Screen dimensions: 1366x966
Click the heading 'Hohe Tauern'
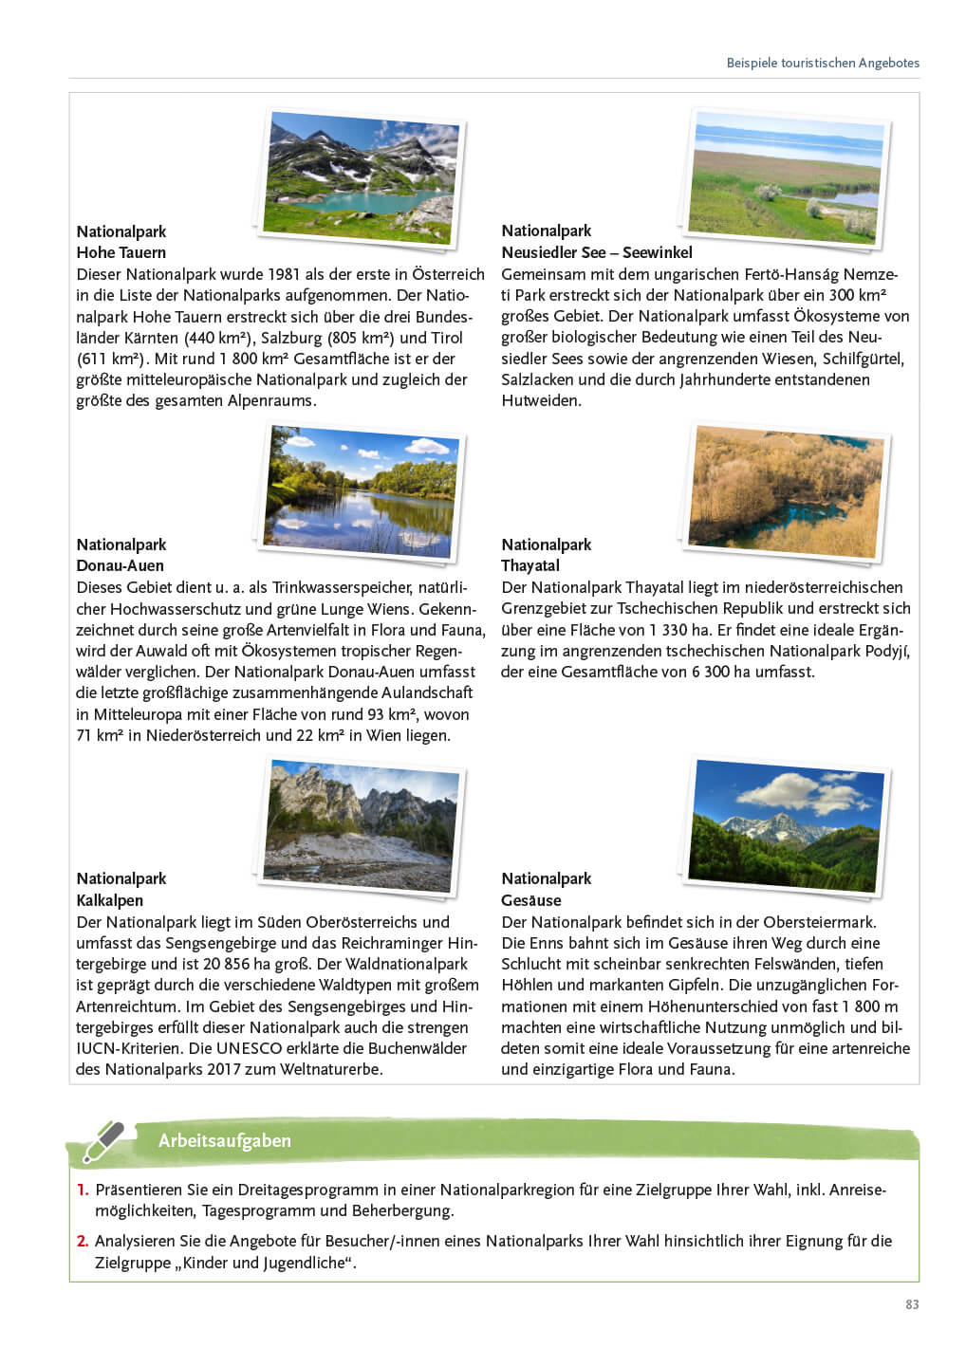pos(121,252)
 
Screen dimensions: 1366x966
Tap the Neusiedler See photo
pos(787,177)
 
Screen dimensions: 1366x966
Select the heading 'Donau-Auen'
pos(120,565)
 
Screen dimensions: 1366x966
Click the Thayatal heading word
pos(530,565)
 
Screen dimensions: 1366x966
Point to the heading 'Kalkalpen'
pos(109,900)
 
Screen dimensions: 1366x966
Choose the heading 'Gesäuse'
pos(530,900)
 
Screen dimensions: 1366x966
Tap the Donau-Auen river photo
pos(360,490)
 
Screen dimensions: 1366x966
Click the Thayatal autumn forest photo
pos(786,492)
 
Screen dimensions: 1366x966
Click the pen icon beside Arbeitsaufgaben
pos(102,1141)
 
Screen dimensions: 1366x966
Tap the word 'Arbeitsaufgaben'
pos(224,1140)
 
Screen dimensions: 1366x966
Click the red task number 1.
pos(83,1190)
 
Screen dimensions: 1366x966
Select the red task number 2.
pos(83,1241)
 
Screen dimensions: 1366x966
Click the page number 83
pos(912,1304)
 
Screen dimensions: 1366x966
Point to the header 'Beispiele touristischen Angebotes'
pos(823,63)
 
